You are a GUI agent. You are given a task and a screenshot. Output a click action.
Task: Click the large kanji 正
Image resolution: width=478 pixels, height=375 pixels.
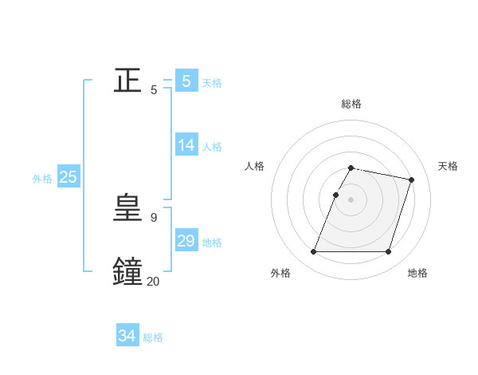128,81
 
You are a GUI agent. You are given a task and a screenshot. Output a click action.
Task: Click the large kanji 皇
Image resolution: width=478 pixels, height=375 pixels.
128,208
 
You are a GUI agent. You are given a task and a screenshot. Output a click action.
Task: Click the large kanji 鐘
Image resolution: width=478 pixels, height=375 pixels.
128,271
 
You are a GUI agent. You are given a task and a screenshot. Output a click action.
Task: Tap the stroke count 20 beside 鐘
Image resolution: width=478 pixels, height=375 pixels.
153,281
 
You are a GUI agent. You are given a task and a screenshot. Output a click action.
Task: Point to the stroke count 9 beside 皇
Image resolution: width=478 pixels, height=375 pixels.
153,217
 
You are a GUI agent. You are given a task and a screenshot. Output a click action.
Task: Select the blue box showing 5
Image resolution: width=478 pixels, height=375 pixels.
186,81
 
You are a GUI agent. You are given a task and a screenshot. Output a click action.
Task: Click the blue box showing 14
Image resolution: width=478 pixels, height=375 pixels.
186,145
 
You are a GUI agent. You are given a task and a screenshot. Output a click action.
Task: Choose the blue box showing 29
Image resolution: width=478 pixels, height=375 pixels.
186,241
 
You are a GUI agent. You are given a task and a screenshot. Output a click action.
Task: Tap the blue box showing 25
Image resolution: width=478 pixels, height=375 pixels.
69,177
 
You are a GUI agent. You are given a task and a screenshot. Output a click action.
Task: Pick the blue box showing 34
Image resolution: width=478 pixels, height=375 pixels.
127,336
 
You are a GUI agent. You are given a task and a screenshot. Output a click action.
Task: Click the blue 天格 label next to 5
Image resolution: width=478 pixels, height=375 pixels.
212,83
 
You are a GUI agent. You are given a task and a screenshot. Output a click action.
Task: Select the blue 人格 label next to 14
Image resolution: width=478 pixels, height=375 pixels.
212,147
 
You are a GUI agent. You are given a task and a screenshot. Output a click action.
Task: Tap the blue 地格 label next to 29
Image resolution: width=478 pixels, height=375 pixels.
212,243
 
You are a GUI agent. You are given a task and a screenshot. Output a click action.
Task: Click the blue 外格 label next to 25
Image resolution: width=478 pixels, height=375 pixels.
42,179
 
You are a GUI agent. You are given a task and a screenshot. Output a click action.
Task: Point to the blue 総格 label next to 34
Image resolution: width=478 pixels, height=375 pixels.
153,337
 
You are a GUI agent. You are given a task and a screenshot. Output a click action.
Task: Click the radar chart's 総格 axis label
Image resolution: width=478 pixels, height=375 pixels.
351,104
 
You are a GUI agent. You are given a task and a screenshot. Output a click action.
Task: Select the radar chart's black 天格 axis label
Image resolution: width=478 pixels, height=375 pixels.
448,166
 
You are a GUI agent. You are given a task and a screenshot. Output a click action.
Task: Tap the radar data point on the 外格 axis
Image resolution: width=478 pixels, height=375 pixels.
314,252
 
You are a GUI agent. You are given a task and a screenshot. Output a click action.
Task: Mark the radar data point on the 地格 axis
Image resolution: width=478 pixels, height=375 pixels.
388,252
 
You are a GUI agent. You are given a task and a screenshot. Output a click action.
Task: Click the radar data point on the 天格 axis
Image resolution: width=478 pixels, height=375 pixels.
411,180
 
